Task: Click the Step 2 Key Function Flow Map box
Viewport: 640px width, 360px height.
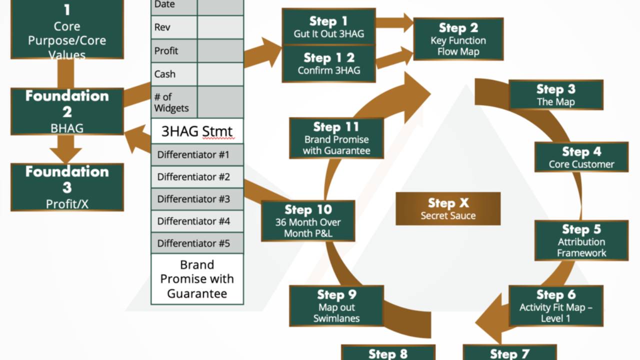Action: coord(458,39)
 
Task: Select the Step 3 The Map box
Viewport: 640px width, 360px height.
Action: coord(555,95)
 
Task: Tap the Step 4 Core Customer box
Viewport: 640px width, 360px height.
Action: coord(581,157)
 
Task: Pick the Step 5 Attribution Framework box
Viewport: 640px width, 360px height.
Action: coord(581,240)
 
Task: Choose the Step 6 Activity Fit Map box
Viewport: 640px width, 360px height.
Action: coord(555,306)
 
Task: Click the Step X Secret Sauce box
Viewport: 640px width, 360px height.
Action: coord(448,208)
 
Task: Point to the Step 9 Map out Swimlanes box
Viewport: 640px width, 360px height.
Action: coord(336,306)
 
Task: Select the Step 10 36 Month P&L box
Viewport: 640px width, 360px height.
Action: coord(308,221)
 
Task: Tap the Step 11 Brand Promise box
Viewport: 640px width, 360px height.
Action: coord(336,138)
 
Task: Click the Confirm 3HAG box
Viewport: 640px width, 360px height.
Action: coord(328,64)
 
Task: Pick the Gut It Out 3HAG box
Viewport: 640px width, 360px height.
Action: coord(328,27)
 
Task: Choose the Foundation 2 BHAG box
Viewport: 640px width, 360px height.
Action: coord(67,111)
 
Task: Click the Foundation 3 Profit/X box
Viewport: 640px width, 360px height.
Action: coord(67,187)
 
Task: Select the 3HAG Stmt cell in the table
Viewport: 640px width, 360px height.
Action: coord(197,131)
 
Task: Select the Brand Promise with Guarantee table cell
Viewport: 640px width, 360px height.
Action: coord(197,278)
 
